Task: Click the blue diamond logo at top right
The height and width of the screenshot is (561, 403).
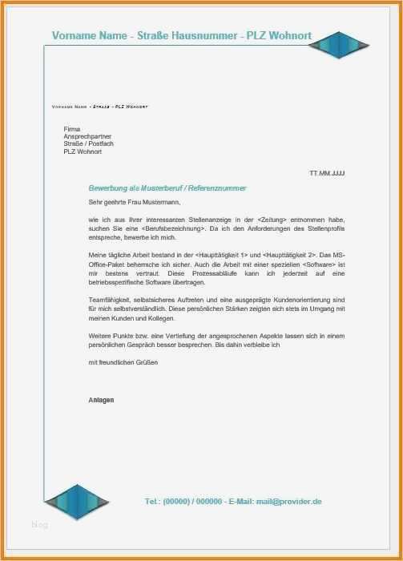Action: coord(341,45)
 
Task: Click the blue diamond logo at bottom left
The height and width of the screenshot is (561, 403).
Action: coord(76,501)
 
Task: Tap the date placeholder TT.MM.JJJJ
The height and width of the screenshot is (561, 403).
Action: coord(327,173)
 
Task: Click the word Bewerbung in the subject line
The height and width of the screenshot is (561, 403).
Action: coord(108,188)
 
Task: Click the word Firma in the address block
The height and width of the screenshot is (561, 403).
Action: coord(72,129)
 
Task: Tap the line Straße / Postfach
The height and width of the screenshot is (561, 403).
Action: coord(88,143)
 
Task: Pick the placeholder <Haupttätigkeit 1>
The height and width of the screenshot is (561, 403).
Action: coord(224,255)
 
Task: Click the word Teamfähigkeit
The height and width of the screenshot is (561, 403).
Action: coord(109,300)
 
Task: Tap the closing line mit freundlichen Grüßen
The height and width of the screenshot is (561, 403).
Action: coord(123,362)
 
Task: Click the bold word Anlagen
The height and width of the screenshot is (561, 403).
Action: coord(101,399)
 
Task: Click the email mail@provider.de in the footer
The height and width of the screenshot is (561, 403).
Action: coord(288,501)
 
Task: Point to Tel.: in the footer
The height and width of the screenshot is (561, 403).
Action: coord(152,501)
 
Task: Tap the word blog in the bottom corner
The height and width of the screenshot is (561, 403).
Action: coord(40,525)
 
